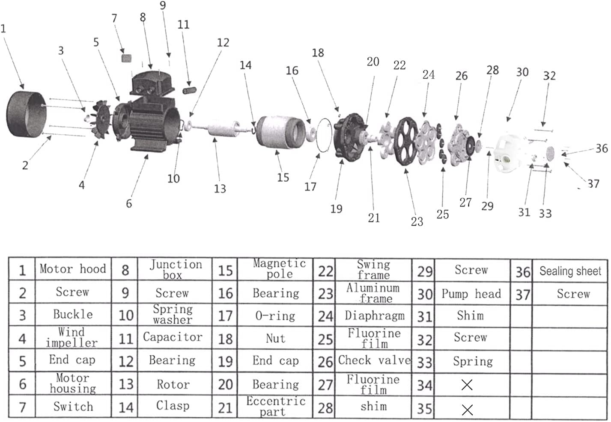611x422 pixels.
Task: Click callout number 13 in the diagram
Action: pos(220,189)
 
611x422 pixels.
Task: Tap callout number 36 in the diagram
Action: pos(601,148)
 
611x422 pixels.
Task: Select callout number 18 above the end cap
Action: pos(318,53)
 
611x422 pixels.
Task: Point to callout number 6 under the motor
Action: pos(129,203)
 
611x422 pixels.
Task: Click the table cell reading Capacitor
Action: pos(173,337)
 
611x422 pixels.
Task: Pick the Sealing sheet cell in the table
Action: pos(570,271)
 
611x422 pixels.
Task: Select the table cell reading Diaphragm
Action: pos(374,316)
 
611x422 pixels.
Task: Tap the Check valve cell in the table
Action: pos(374,360)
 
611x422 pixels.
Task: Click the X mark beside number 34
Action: pos(467,385)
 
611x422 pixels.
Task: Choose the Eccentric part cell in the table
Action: pos(275,406)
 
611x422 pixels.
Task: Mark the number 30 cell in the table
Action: pos(424,294)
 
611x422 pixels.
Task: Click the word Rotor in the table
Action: pos(173,384)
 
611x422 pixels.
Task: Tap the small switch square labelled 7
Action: pos(126,58)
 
